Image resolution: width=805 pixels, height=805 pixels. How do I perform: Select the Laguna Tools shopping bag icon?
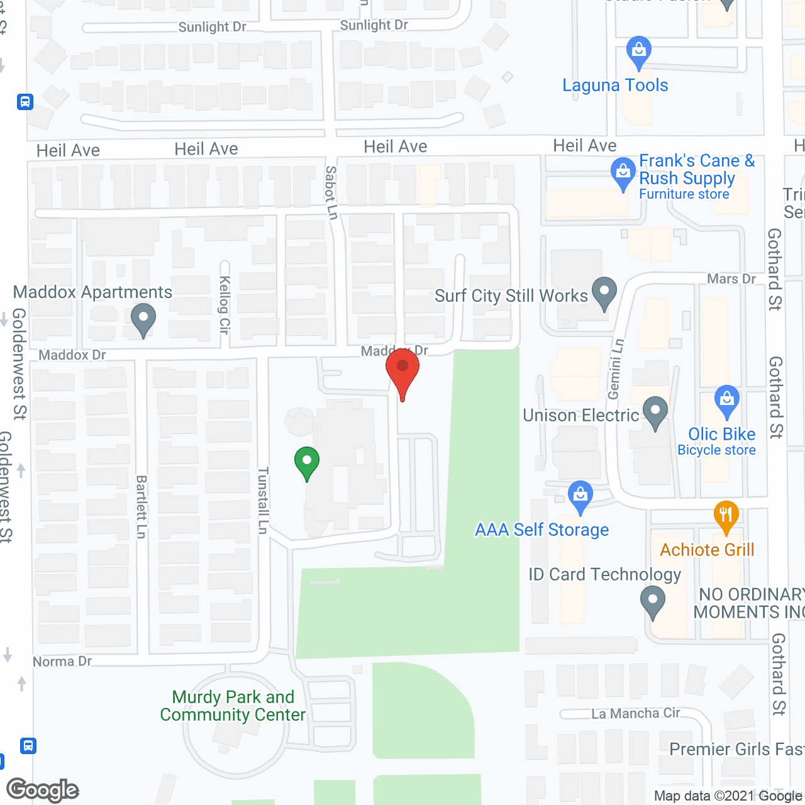click(638, 51)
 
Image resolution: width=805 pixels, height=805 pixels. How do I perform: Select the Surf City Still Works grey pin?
click(604, 292)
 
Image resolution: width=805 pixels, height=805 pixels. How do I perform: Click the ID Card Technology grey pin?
click(653, 601)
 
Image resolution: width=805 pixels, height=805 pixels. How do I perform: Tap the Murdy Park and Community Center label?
click(233, 706)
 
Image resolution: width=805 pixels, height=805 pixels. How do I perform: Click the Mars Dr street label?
click(731, 279)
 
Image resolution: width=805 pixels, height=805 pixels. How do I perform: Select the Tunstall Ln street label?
click(263, 501)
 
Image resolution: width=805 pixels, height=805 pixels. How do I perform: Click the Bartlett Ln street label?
click(141, 507)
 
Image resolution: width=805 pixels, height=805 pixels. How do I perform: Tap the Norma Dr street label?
click(62, 662)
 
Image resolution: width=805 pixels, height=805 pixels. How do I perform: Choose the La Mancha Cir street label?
click(635, 713)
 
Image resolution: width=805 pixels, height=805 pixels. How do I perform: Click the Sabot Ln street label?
click(331, 192)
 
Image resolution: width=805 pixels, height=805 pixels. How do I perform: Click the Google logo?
click(43, 790)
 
